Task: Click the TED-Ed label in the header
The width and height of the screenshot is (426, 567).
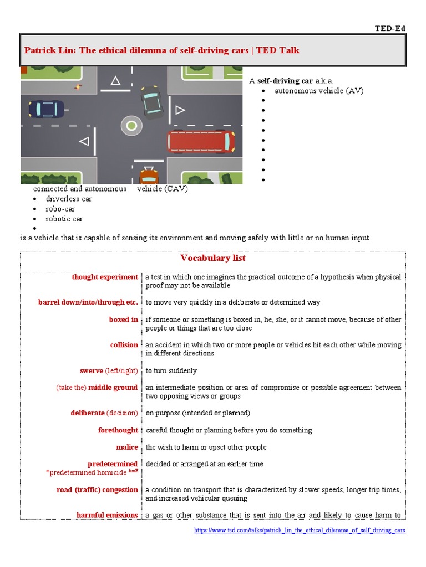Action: [x=391, y=28]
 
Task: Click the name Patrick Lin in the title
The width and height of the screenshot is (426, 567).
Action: [x=49, y=50]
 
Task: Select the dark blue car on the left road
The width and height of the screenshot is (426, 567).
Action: [x=46, y=109]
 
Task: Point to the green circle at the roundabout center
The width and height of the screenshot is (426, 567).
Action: [x=131, y=126]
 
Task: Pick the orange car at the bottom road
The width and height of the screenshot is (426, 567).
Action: [x=148, y=177]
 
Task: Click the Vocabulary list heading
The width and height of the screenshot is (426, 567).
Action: [x=213, y=258]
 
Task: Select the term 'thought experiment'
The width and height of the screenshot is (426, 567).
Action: [x=105, y=277]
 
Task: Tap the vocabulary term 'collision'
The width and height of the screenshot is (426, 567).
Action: [x=124, y=344]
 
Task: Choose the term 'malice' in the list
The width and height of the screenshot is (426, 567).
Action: [x=126, y=447]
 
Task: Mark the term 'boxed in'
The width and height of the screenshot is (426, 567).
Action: [x=123, y=319]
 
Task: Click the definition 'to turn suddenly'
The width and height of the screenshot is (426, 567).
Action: [x=171, y=370]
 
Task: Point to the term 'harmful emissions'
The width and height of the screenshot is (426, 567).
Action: [x=107, y=515]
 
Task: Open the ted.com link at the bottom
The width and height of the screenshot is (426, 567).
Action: [x=300, y=530]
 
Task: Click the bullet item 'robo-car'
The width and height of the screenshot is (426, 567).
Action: [x=60, y=209]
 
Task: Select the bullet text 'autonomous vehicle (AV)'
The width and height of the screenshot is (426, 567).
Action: [x=319, y=91]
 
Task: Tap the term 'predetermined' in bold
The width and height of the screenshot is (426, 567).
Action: [x=113, y=464]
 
